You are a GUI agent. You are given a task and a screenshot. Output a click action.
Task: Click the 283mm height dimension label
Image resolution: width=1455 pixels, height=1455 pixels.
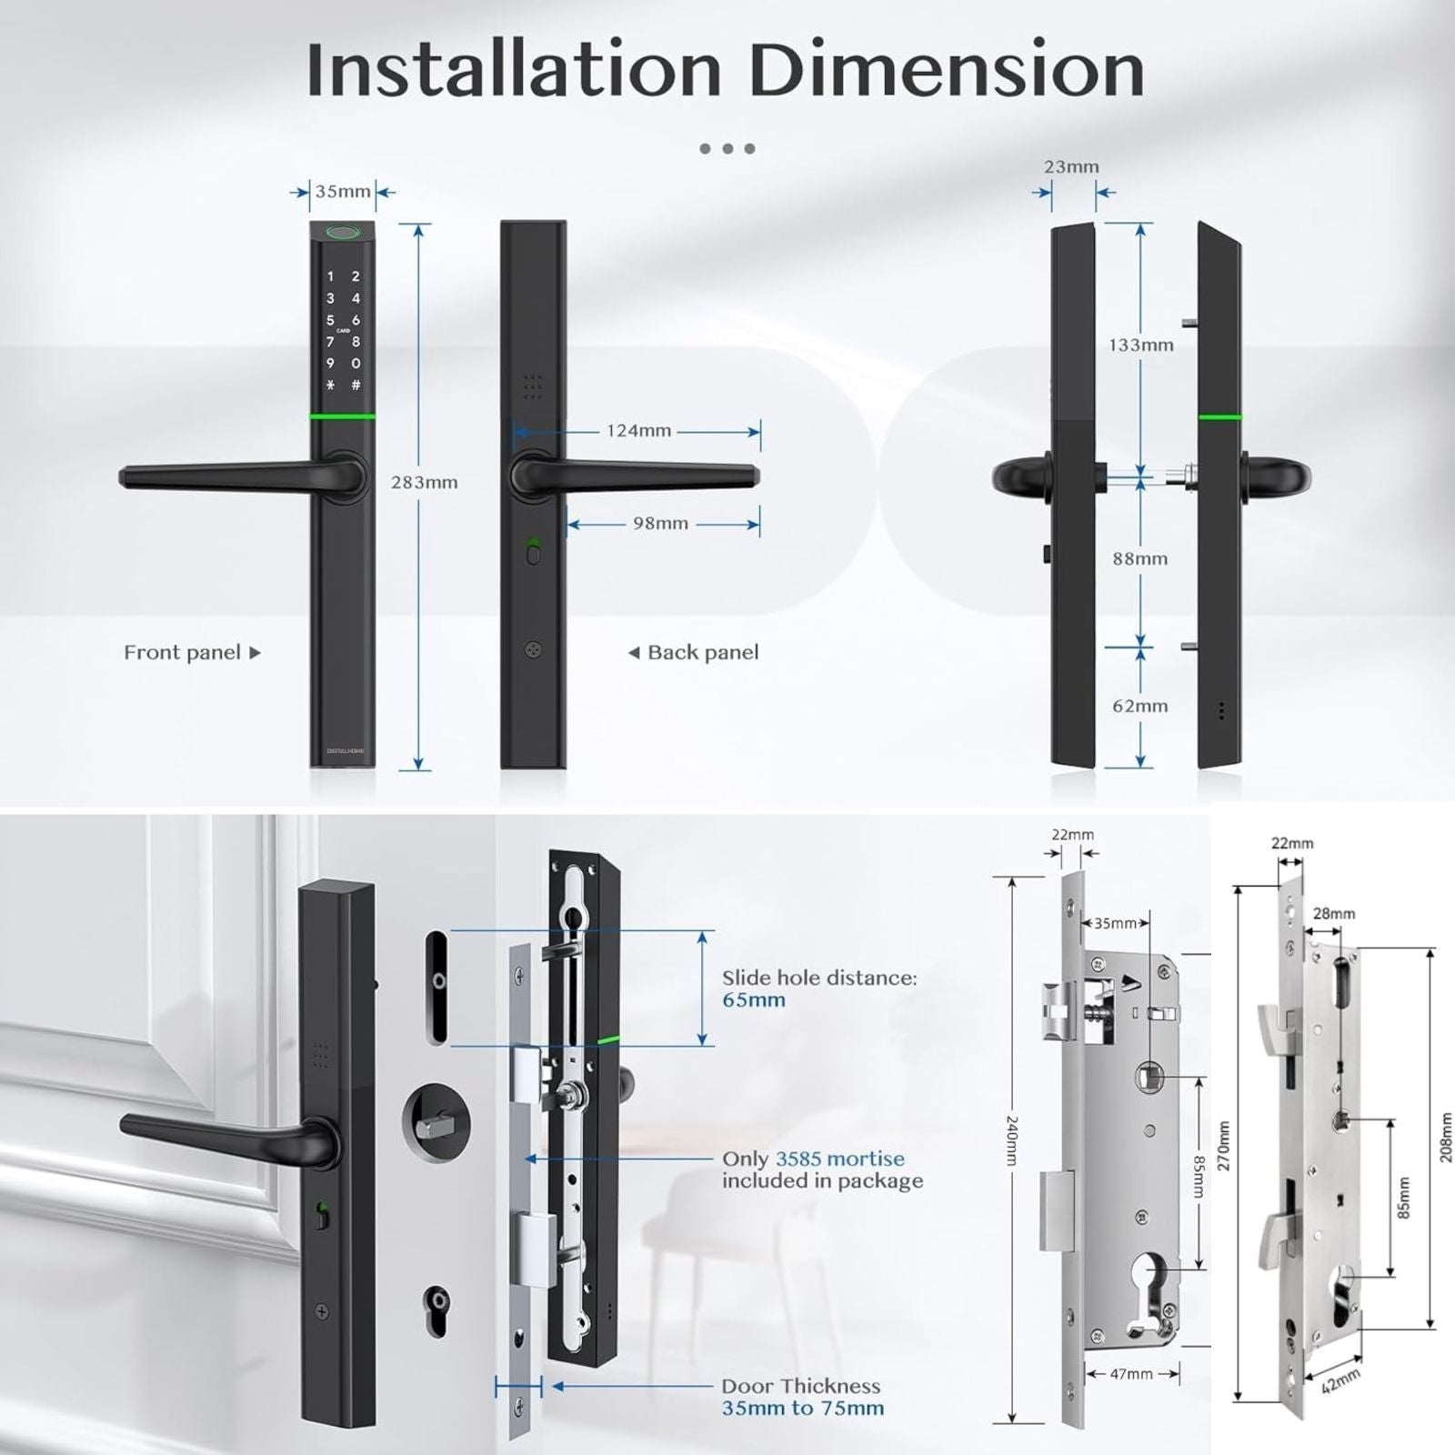pyautogui.click(x=424, y=483)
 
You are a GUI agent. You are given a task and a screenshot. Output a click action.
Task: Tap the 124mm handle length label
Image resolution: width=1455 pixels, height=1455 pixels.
pyautogui.click(x=638, y=431)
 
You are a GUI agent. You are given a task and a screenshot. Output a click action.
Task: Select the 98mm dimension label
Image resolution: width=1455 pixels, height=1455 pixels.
pyautogui.click(x=660, y=524)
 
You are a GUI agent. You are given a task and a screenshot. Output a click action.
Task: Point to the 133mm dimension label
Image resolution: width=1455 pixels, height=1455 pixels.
pyautogui.click(x=1140, y=346)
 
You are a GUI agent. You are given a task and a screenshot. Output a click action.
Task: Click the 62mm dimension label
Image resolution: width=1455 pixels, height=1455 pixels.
pyautogui.click(x=1139, y=707)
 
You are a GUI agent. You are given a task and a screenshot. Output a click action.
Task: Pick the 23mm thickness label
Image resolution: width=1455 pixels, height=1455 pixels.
pyautogui.click(x=1071, y=167)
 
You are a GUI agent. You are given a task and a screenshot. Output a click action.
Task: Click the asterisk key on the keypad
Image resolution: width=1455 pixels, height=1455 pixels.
pyautogui.click(x=330, y=386)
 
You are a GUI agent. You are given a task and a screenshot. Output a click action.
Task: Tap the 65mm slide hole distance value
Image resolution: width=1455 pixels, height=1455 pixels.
pyautogui.click(x=754, y=1000)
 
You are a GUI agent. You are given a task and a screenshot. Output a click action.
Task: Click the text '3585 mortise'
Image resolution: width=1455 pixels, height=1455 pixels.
pyautogui.click(x=840, y=1159)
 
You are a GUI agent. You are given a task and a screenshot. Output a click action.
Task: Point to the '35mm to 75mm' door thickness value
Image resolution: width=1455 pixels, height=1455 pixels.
pyautogui.click(x=803, y=1409)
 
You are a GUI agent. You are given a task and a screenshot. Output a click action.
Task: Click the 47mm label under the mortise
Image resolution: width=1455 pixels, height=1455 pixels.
pyautogui.click(x=1131, y=1374)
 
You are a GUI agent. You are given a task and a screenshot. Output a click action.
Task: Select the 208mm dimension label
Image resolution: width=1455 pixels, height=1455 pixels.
pyautogui.click(x=1446, y=1137)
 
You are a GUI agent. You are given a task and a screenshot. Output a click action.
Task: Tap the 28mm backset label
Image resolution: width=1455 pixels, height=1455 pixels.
pyautogui.click(x=1334, y=914)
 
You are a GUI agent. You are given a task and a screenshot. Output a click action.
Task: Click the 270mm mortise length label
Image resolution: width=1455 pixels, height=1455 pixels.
pyautogui.click(x=1223, y=1146)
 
